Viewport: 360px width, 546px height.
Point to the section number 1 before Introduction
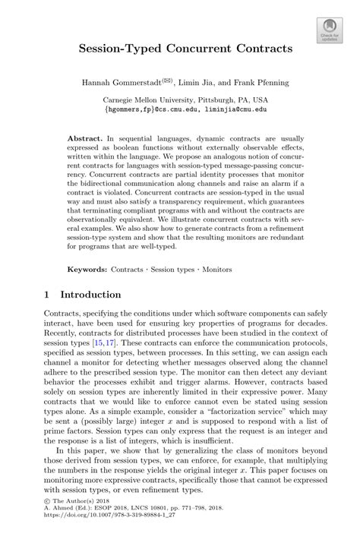pos(47,294)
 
